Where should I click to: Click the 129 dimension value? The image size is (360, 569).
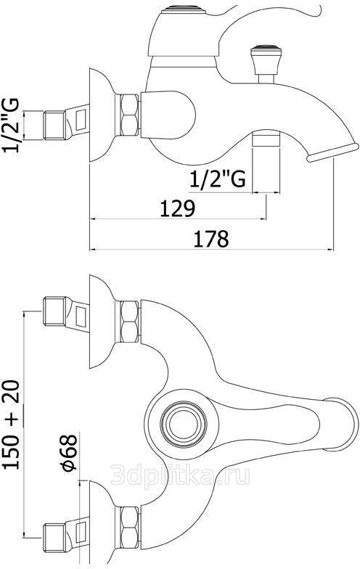(x=178, y=208)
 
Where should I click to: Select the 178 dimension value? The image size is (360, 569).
(x=211, y=238)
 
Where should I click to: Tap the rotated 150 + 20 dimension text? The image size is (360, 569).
(x=12, y=425)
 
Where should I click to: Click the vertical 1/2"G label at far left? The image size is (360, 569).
(x=12, y=126)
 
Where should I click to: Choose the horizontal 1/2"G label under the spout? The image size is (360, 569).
(x=218, y=179)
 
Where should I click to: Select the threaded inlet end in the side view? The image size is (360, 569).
(x=54, y=125)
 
